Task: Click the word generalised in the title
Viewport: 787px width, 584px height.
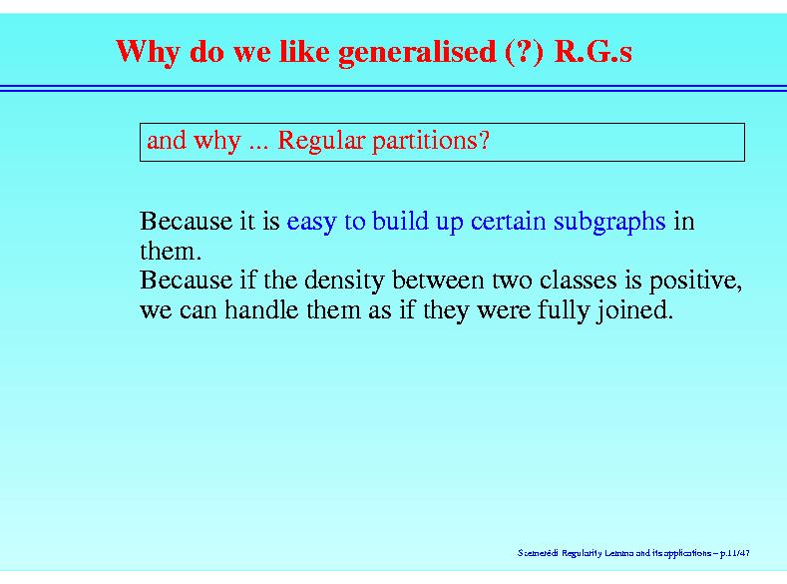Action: coord(417,53)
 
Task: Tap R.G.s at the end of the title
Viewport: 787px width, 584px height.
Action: coord(593,51)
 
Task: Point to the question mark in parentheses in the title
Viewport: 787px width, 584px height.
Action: coord(524,52)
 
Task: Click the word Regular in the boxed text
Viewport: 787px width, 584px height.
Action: coord(321,141)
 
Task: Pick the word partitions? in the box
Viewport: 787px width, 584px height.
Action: coord(431,141)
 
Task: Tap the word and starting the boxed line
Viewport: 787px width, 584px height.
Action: coord(167,141)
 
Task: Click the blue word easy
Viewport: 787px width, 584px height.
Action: coord(311,223)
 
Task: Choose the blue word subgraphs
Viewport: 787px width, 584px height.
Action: coord(609,223)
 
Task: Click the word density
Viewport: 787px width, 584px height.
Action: coord(344,282)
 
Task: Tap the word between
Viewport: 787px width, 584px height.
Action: coord(437,280)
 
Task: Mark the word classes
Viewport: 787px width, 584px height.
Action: coord(579,280)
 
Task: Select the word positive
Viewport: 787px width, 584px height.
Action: coord(694,282)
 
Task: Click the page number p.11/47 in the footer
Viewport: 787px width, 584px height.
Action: coord(735,553)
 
